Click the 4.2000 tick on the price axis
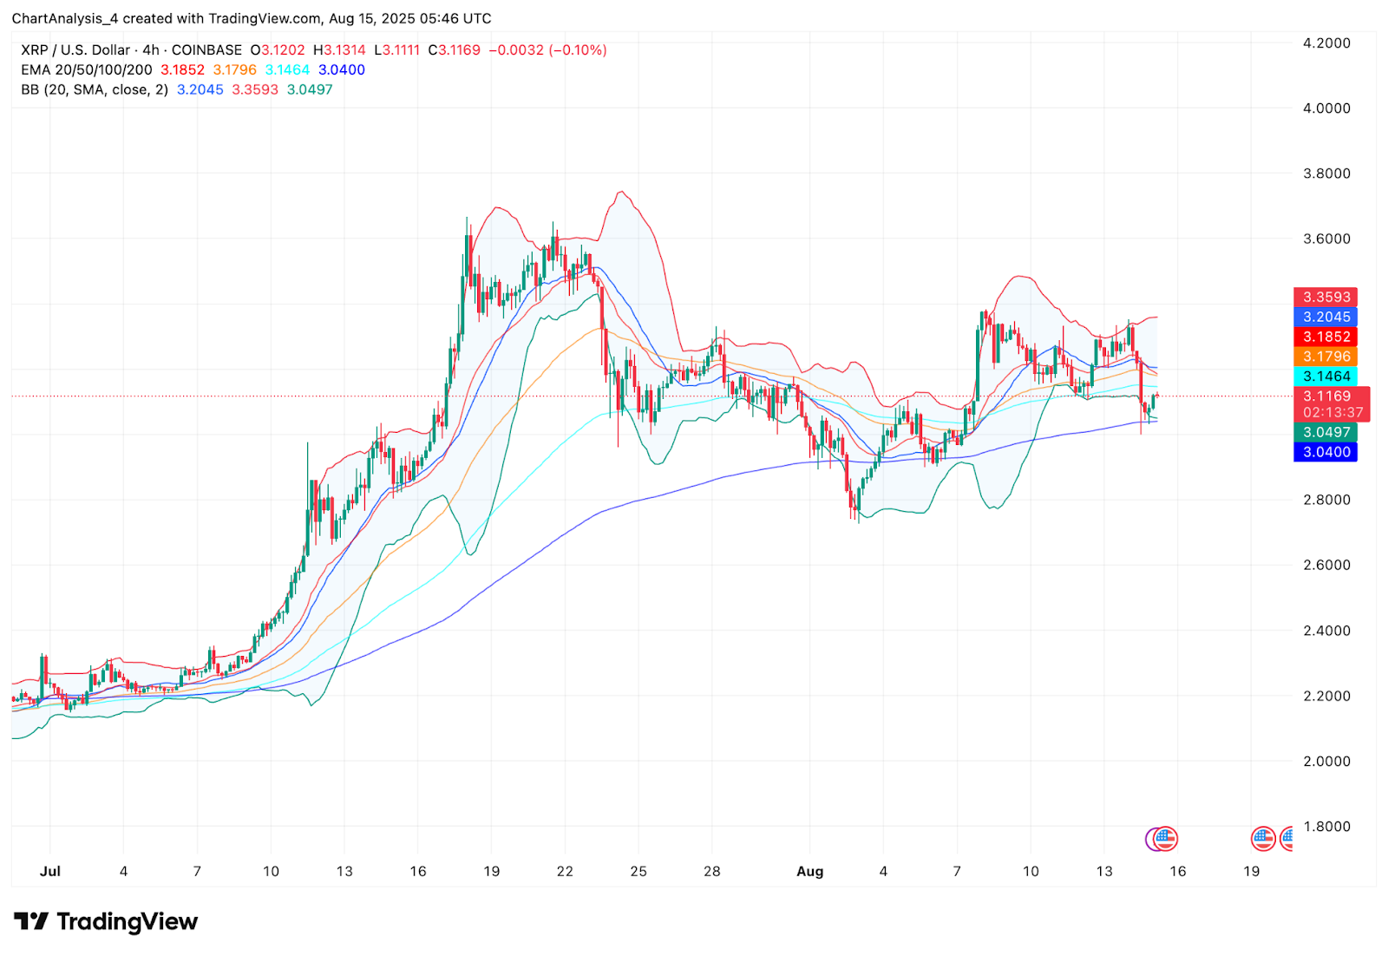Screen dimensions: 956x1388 point(1326,43)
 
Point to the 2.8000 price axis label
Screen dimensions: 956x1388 point(1326,500)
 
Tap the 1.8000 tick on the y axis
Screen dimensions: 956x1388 point(1326,827)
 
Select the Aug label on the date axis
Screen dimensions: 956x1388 point(809,871)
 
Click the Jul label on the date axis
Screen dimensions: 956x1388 point(50,871)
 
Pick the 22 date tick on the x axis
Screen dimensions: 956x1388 point(565,871)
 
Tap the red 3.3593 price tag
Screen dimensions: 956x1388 point(1326,298)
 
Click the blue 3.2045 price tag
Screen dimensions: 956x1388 point(1326,318)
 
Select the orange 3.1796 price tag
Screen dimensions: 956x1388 point(1326,357)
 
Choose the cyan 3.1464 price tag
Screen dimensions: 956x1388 point(1326,377)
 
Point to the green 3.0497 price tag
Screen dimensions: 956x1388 point(1326,432)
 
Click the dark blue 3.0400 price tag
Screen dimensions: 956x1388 point(1326,452)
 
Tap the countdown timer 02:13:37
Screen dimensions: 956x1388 point(1332,413)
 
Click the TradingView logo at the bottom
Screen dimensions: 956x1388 point(106,921)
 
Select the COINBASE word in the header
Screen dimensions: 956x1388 point(206,50)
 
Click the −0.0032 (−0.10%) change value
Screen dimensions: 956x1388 point(547,50)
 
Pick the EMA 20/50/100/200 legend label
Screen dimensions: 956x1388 point(87,70)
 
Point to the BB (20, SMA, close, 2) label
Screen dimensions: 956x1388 point(95,90)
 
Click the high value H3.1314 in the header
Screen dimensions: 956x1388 point(339,50)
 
